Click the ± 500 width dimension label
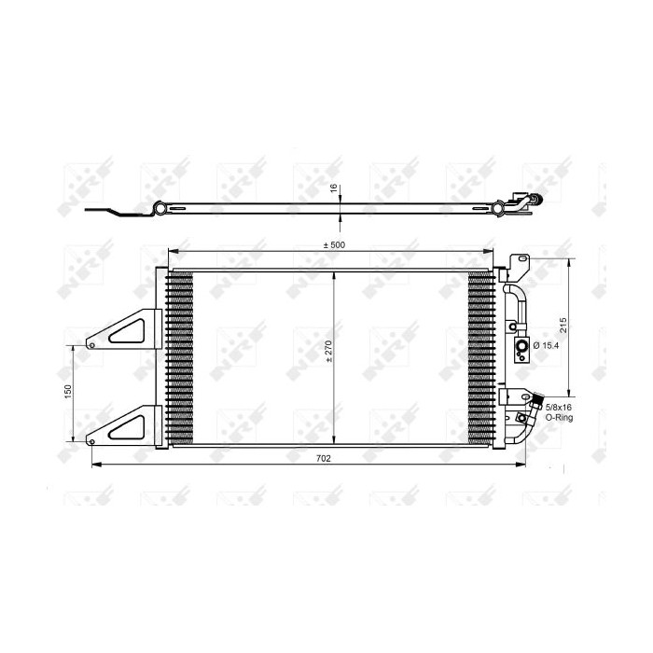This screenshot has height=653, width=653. click(x=332, y=244)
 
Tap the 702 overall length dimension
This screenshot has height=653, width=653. click(x=322, y=458)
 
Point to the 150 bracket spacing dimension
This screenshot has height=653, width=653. click(x=68, y=393)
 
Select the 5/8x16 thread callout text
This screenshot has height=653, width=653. click(x=560, y=407)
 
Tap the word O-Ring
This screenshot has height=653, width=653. click(x=559, y=418)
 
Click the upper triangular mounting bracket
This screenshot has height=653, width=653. click(x=121, y=329)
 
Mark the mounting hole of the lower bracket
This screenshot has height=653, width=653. click(x=91, y=439)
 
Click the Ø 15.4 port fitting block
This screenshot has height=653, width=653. click(x=519, y=347)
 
